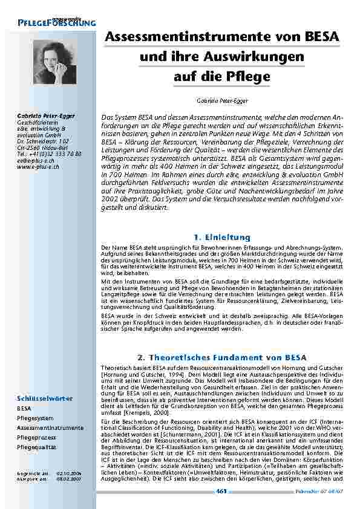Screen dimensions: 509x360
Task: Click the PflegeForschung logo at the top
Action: [57, 21]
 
